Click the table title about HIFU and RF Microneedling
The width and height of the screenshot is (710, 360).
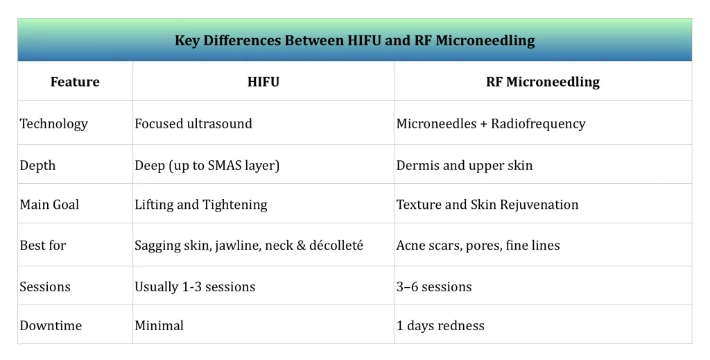[x=354, y=40]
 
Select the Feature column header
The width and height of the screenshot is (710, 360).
[x=75, y=82]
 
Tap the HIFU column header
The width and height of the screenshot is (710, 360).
[x=263, y=82]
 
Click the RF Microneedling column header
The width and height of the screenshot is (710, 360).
[x=543, y=82]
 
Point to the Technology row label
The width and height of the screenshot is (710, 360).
[x=54, y=123]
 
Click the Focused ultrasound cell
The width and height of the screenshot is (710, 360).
[x=193, y=123]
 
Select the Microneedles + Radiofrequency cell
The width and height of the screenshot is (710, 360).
[x=491, y=123]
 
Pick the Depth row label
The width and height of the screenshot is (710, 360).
[x=37, y=165]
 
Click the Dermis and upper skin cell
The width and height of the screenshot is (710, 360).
[x=465, y=165]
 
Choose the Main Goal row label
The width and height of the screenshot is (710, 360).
[x=49, y=204]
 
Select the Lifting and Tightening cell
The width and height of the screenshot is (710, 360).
[x=201, y=204]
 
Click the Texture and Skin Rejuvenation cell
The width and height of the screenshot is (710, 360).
[x=487, y=204]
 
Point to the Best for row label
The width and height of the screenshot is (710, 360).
[x=43, y=245]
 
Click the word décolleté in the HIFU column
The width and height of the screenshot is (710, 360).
[x=338, y=245]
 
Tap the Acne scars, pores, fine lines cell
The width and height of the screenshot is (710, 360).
[x=478, y=245]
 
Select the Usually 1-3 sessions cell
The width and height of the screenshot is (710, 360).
[x=195, y=286]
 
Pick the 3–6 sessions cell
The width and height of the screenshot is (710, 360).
[x=434, y=286]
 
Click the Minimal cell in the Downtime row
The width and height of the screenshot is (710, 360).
[x=159, y=325]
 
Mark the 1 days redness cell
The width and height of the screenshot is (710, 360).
[x=440, y=325]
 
